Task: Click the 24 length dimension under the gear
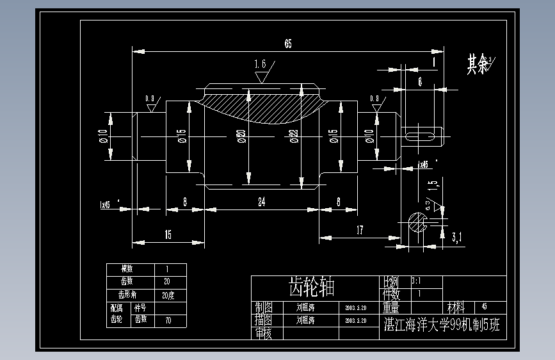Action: [x=261, y=202]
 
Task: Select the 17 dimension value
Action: [x=360, y=230]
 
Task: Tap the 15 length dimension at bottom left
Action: [x=168, y=235]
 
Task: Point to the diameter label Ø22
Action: [x=294, y=136]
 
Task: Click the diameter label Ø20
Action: [x=241, y=136]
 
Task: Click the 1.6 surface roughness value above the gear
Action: [x=260, y=64]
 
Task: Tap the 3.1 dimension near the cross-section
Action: [x=457, y=239]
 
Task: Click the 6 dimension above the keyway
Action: [x=419, y=81]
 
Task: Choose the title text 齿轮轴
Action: [x=312, y=286]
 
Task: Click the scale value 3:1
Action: [x=416, y=281]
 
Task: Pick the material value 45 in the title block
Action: [x=484, y=307]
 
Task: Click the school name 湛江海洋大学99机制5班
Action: [x=441, y=325]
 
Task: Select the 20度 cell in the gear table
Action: [x=168, y=295]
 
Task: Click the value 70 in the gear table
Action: [x=168, y=320]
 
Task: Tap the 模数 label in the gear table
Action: [x=130, y=269]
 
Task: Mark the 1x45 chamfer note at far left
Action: [x=105, y=205]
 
